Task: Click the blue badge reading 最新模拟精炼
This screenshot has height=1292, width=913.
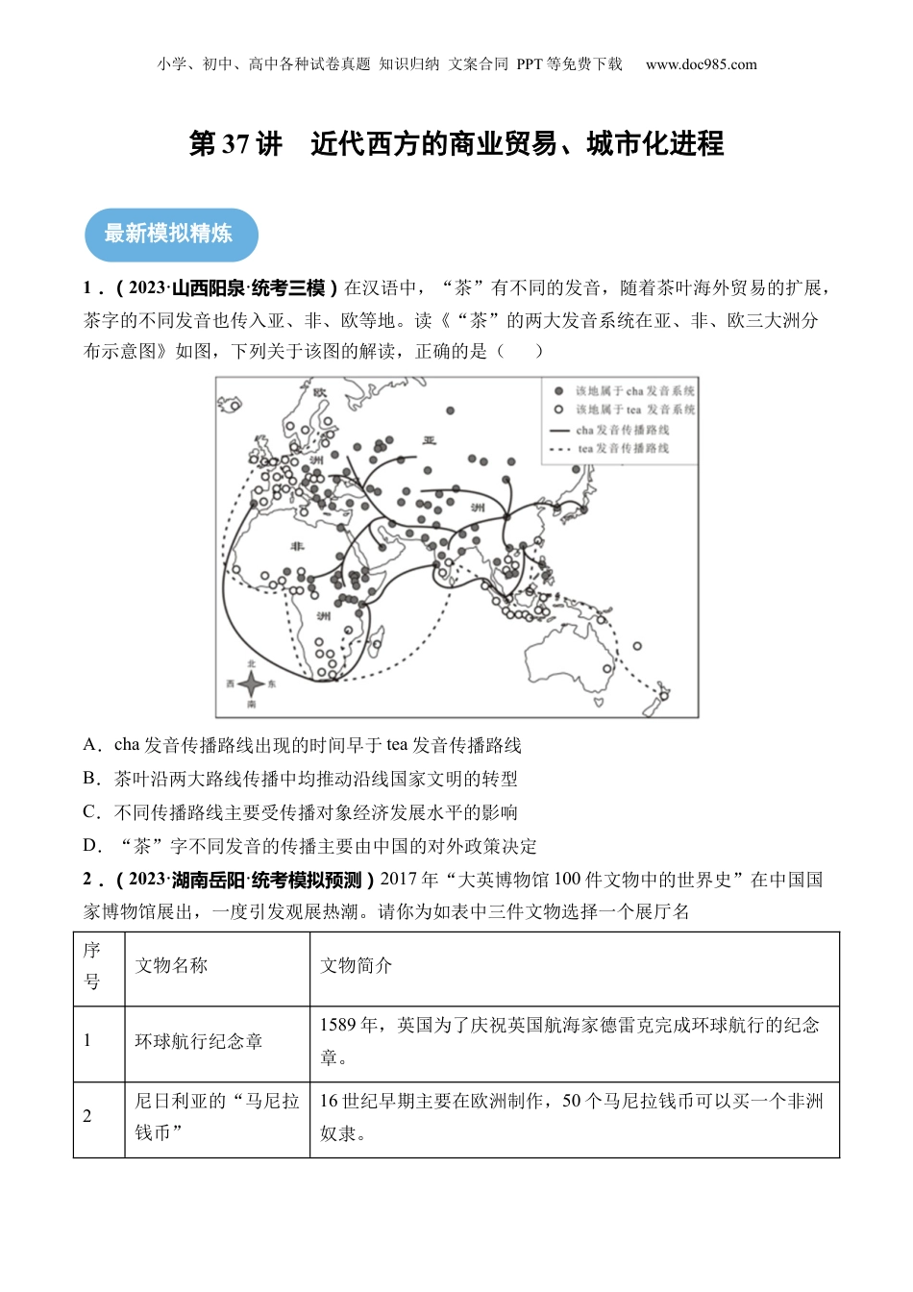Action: [170, 234]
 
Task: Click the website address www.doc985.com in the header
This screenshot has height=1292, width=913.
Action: [701, 64]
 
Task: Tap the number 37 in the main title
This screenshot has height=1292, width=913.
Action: [235, 145]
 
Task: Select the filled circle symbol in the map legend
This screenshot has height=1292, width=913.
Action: [557, 391]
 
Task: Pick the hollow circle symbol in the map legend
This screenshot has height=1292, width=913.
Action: [557, 410]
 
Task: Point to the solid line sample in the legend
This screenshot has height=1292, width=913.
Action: [558, 430]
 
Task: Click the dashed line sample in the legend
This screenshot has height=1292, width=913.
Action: [558, 448]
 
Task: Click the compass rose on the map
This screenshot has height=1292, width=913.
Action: [251, 684]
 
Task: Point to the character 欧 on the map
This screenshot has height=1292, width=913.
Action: [320, 392]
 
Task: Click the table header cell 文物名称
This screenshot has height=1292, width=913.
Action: [171, 966]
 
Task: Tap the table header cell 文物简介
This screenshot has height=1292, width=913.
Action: [356, 966]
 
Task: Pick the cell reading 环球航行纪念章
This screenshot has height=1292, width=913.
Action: [198, 1041]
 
